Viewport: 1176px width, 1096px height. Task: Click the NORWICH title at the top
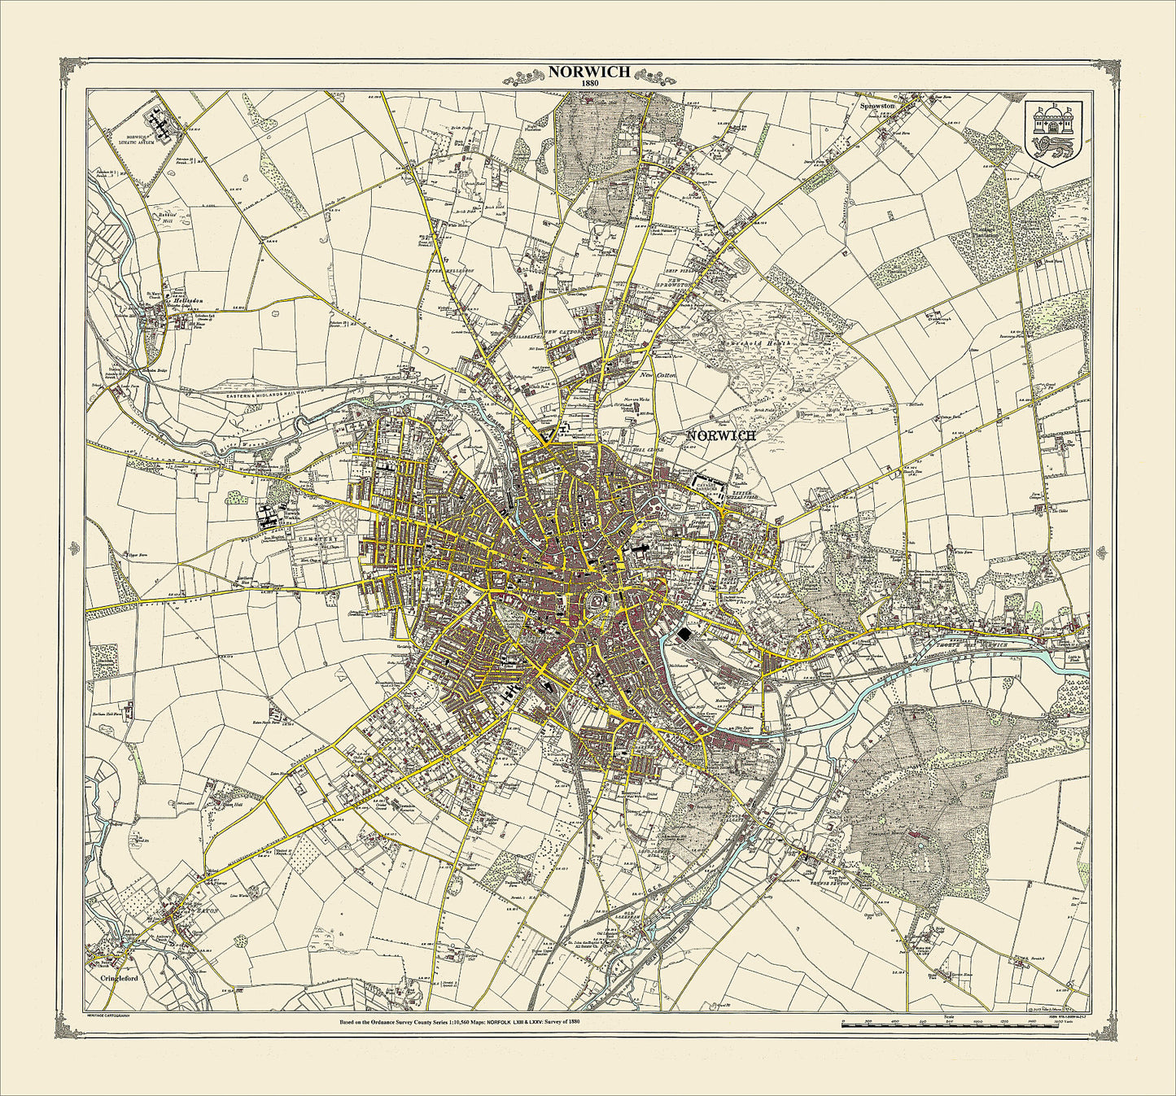(x=588, y=71)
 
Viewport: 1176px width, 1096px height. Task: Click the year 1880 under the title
(x=588, y=83)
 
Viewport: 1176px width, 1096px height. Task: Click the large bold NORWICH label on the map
(x=721, y=435)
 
